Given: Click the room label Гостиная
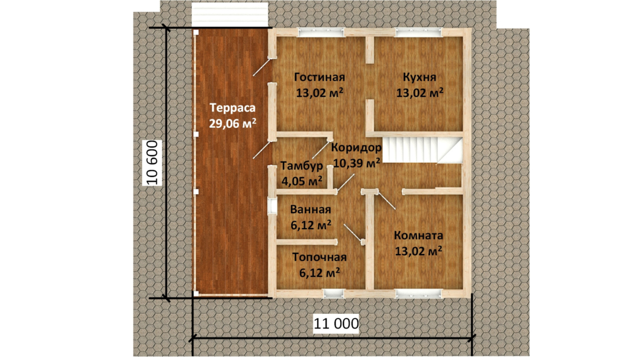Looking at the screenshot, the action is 319,77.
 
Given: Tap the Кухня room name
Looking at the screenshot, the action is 419,77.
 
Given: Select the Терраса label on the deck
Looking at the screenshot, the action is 233,108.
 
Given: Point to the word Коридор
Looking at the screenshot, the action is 356,147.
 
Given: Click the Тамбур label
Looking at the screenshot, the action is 302,166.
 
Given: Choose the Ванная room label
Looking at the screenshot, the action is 311,210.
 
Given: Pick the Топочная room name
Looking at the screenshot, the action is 319,257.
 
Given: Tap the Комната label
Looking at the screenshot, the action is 418,236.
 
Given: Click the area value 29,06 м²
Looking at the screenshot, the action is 233,123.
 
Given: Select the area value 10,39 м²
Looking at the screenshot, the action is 357,163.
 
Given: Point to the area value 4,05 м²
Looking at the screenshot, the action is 302,181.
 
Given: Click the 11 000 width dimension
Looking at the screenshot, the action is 336,324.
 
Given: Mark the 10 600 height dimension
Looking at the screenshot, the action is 152,163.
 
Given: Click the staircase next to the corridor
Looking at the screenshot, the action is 424,150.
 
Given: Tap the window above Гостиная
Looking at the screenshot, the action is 321,32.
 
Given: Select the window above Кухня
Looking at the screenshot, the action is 419,32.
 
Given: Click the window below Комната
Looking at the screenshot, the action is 419,294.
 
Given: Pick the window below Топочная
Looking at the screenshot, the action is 333,294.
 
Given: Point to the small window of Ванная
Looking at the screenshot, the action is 272,206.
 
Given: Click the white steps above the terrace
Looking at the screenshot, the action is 230,15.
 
